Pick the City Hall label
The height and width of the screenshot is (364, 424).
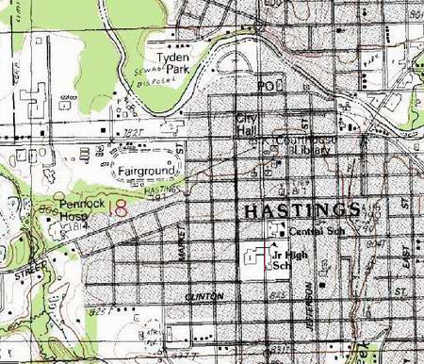(247, 124)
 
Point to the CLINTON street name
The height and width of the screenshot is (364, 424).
(205, 296)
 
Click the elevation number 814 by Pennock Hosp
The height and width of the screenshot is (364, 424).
(82, 225)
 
